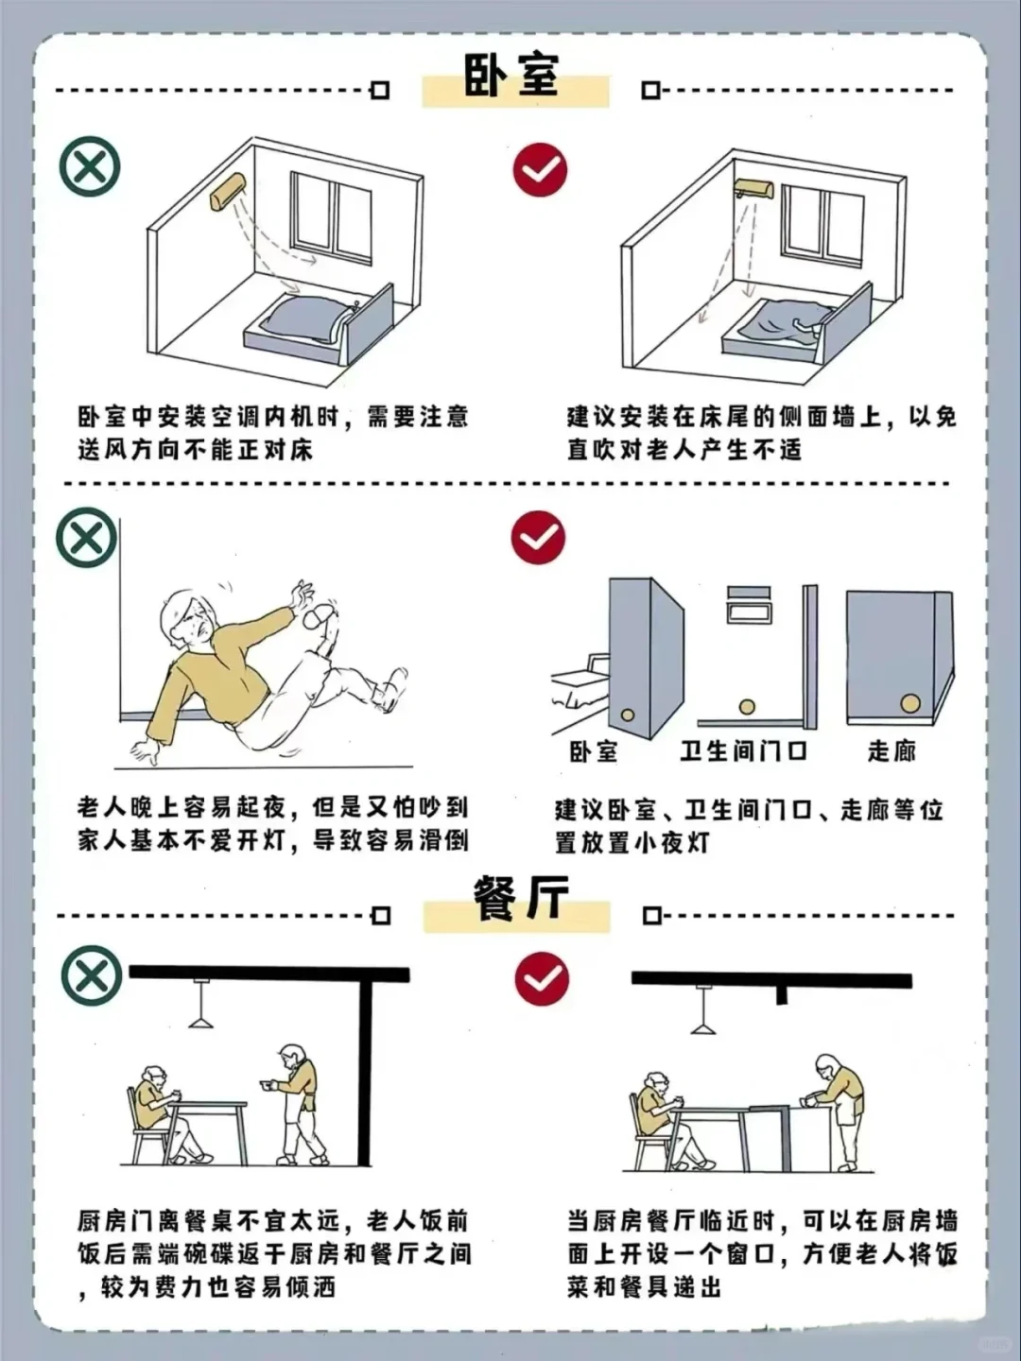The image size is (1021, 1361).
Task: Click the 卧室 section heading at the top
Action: click(x=511, y=75)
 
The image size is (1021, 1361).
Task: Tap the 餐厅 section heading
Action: click(x=520, y=898)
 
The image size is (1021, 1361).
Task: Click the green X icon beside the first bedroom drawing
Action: click(x=90, y=167)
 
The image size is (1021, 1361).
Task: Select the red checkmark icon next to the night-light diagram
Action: click(x=538, y=538)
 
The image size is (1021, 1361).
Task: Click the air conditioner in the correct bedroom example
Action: click(x=753, y=189)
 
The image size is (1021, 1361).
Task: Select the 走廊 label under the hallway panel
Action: click(x=891, y=751)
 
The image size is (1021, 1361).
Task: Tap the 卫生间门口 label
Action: click(x=743, y=751)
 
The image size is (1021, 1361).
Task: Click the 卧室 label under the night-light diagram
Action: click(x=593, y=751)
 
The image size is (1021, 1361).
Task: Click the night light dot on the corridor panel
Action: click(x=909, y=703)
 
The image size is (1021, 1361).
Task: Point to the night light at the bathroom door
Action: click(x=747, y=706)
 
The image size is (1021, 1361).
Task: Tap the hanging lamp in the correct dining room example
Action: click(x=702, y=1016)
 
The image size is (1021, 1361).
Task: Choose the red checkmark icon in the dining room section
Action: click(x=542, y=978)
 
